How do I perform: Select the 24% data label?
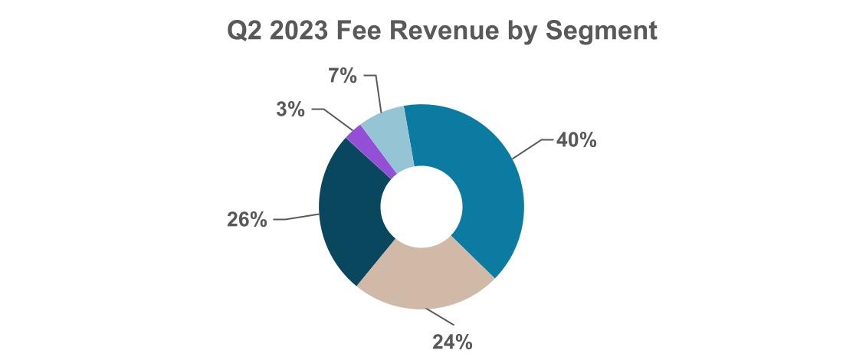(452, 342)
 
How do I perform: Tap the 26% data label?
(247, 220)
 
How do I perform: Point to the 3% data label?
(290, 109)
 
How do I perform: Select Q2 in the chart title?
(244, 31)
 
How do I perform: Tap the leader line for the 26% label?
(299, 218)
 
